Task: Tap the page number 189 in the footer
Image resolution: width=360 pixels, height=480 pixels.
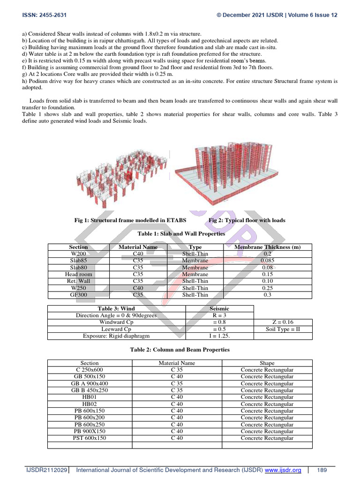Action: click(322, 470)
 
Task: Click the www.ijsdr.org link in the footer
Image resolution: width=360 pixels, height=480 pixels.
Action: click(284, 470)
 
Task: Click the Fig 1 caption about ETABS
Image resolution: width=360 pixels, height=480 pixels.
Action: click(130, 220)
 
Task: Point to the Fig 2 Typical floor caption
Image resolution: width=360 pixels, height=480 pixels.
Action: click(247, 220)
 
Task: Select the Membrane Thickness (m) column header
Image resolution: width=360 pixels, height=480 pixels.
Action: click(267, 247)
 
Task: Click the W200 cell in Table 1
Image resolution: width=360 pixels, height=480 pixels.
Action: click(78, 254)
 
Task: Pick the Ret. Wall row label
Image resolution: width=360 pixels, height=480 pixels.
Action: click(78, 281)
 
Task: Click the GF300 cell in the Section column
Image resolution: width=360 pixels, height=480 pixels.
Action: click(78, 295)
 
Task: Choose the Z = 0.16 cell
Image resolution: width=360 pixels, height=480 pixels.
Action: click(283, 322)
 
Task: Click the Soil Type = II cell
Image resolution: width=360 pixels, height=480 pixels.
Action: click(283, 329)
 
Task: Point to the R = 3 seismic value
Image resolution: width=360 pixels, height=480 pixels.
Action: click(219, 315)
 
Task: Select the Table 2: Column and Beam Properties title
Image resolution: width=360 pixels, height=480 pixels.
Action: click(180, 349)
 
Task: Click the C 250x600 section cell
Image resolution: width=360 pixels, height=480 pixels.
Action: click(90, 370)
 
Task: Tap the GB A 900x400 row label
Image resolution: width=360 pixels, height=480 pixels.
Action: click(90, 383)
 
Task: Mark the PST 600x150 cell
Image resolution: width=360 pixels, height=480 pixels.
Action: click(90, 438)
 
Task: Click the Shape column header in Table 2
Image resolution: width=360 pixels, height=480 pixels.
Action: click(267, 363)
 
